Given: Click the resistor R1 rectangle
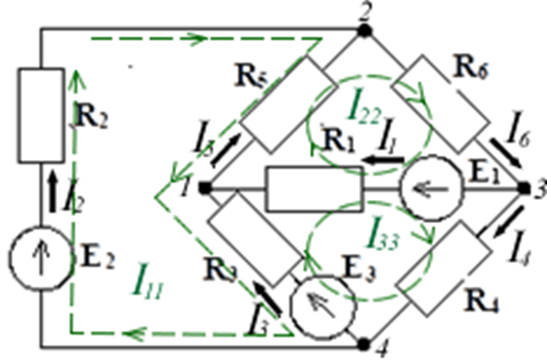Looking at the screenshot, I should pos(316,188).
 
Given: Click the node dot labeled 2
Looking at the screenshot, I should pos(364,31).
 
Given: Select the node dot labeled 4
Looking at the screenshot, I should pos(364,344).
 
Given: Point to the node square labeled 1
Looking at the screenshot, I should pos(205,188).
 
